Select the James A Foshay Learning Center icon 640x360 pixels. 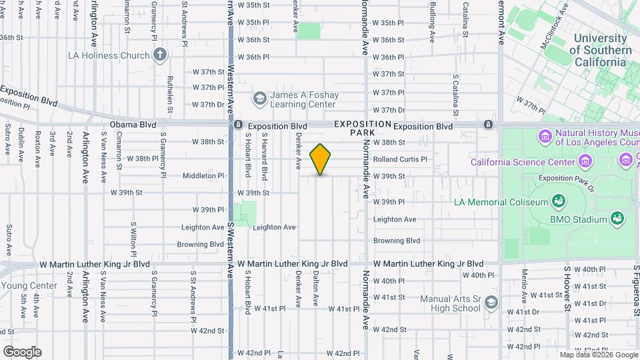pyautogui.click(x=259, y=99)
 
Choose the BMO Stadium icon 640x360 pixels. pyautogui.click(x=617, y=219)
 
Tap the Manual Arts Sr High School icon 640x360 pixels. pyautogui.click(x=491, y=303)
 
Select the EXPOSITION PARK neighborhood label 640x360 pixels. pyautogui.click(x=363, y=128)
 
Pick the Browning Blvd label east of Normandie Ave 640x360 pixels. pyautogui.click(x=396, y=241)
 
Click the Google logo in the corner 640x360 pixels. pyautogui.click(x=22, y=352)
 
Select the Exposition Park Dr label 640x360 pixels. pyautogui.click(x=565, y=178)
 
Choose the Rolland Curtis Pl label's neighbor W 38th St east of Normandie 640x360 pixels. pyautogui.click(x=389, y=143)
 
